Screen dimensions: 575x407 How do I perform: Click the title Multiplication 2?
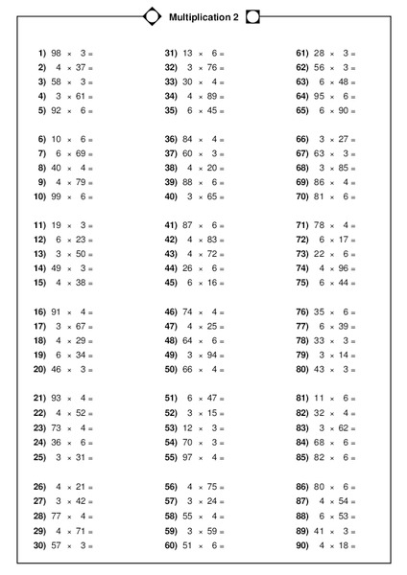(x=203, y=17)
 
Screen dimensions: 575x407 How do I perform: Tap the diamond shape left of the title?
(x=152, y=16)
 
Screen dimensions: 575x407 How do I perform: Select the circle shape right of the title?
(x=253, y=16)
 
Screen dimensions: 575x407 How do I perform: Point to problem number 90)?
(x=301, y=545)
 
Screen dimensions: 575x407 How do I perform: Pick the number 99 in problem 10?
(x=57, y=196)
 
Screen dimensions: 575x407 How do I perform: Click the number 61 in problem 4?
(x=79, y=96)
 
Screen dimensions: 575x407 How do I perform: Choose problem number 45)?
(x=171, y=283)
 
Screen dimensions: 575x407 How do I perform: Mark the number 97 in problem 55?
(x=188, y=456)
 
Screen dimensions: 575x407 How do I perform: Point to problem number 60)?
(x=171, y=545)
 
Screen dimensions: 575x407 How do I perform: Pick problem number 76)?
(x=301, y=311)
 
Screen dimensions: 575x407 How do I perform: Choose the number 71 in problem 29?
(x=79, y=531)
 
